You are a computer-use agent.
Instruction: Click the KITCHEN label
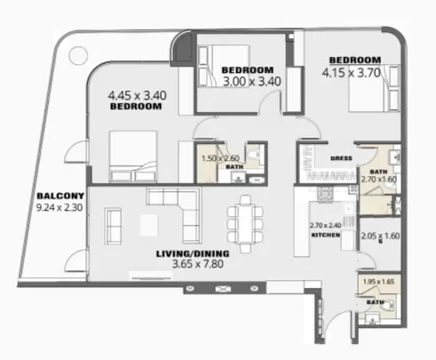point(325,236)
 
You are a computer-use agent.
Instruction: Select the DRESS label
point(342,158)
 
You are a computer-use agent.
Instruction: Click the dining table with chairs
point(243,217)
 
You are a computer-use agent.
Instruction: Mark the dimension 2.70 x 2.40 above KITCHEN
point(326,226)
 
